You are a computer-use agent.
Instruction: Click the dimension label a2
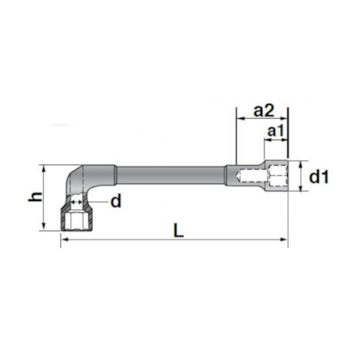coord(264,110)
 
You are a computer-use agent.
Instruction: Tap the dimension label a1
coord(275,131)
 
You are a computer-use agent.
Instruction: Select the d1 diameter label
coord(319,177)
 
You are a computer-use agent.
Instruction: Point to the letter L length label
coord(178,231)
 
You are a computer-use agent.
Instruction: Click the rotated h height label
coord(35,197)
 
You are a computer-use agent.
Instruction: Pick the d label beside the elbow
coord(116,201)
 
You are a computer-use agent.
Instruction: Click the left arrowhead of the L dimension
coord(65,239)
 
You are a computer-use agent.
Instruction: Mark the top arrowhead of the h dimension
coord(44,168)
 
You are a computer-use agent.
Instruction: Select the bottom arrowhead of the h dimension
coord(44,226)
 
